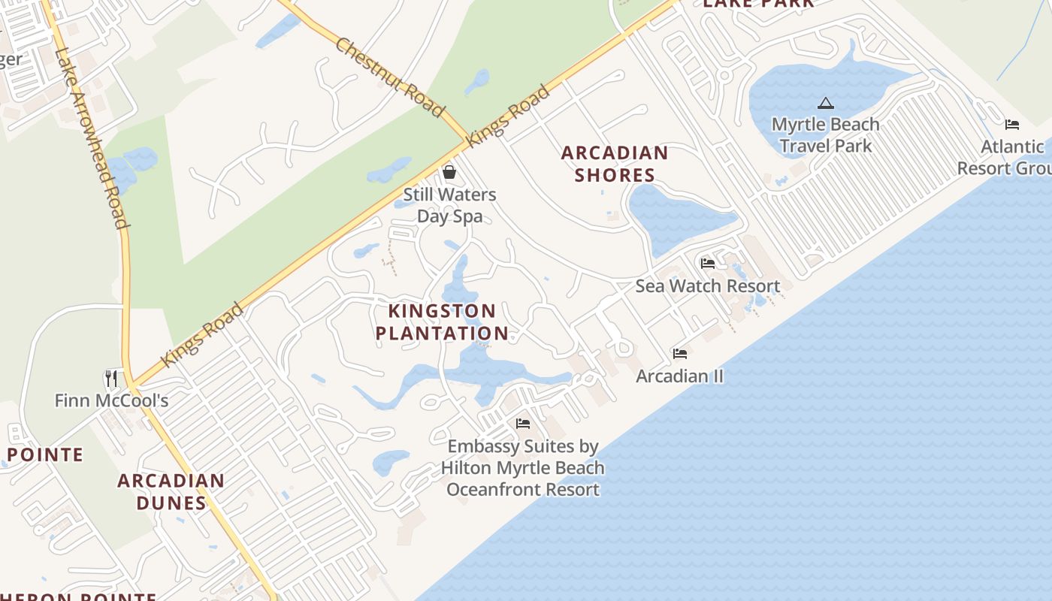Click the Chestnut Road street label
tap(390, 77)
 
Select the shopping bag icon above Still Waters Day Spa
tap(449, 173)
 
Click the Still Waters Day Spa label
tap(449, 205)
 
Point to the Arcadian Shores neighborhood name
tap(615, 164)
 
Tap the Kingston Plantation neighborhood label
tap(442, 322)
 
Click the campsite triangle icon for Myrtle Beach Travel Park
tap(826, 104)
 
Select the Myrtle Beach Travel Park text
tap(825, 134)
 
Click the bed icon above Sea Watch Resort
tap(707, 264)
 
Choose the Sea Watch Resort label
tap(707, 285)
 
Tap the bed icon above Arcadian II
tap(680, 354)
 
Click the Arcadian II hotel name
tap(679, 376)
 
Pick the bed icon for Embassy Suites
tap(523, 424)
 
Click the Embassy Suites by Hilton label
tap(523, 467)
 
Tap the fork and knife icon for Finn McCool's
tap(111, 378)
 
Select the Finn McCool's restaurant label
tap(111, 400)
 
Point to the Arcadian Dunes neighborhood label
tap(171, 491)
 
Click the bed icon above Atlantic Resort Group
tap(1012, 125)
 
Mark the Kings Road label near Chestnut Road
tap(507, 116)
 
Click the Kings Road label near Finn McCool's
tap(203, 334)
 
